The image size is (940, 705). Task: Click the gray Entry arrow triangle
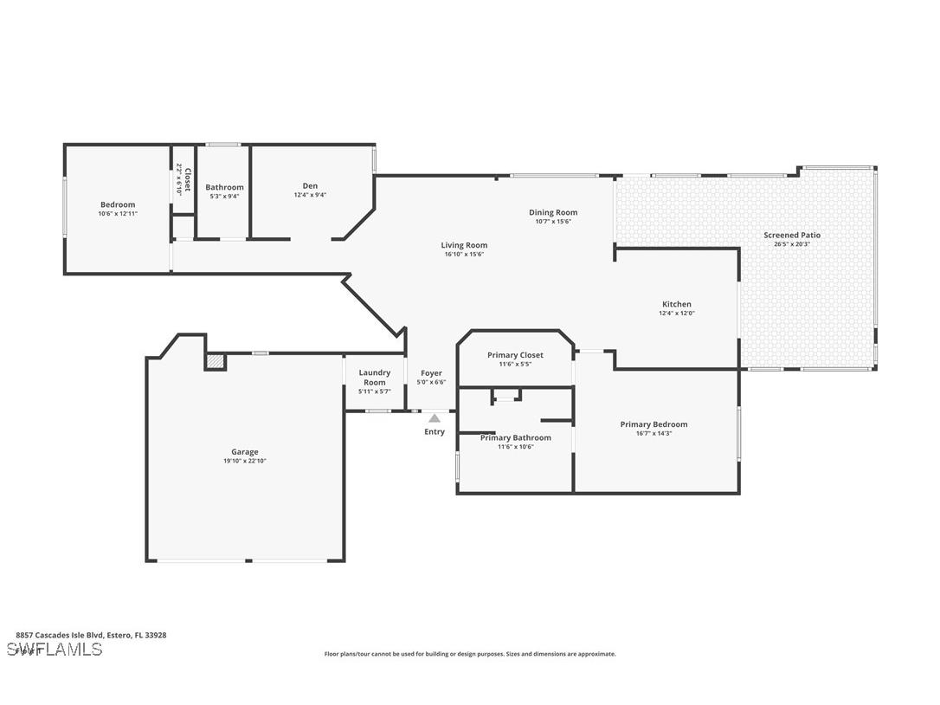pyautogui.click(x=435, y=418)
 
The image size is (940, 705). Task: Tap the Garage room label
pyautogui.click(x=244, y=451)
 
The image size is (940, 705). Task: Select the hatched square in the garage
pyautogui.click(x=215, y=361)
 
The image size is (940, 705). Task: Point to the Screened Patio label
pyautogui.click(x=791, y=235)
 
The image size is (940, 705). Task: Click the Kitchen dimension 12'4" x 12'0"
pyautogui.click(x=677, y=314)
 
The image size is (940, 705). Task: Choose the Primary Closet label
pyautogui.click(x=515, y=355)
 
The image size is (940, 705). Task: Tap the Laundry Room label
pyautogui.click(x=375, y=378)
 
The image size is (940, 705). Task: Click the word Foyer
pyautogui.click(x=431, y=373)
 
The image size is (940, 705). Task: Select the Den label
pyautogui.click(x=310, y=185)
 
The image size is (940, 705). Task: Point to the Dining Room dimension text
pyautogui.click(x=553, y=222)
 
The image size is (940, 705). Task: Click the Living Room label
pyautogui.click(x=464, y=245)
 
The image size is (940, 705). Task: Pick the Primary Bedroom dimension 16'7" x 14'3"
pyautogui.click(x=653, y=433)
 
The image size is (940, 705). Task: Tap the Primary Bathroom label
pyautogui.click(x=515, y=437)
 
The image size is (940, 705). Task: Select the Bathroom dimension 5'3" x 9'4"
pyautogui.click(x=224, y=196)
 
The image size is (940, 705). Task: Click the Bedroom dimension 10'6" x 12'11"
pyautogui.click(x=118, y=214)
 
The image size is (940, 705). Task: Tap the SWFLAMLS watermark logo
pyautogui.click(x=54, y=650)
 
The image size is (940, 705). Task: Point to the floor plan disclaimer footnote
pyautogui.click(x=470, y=654)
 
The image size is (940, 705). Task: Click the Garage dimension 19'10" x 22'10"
pyautogui.click(x=244, y=461)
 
